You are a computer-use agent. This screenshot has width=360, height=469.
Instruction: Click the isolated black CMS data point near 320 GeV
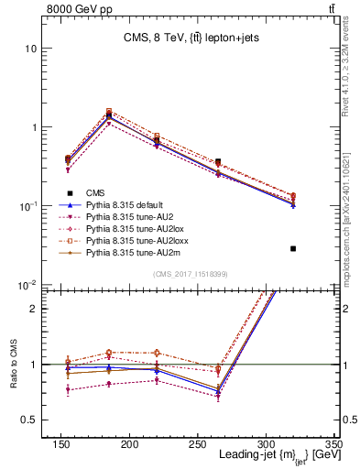[x=293, y=248]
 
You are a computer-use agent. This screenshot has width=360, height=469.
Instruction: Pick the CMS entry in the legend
[x=95, y=192]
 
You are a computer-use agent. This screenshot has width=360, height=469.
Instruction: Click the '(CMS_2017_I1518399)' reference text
[x=190, y=274]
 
